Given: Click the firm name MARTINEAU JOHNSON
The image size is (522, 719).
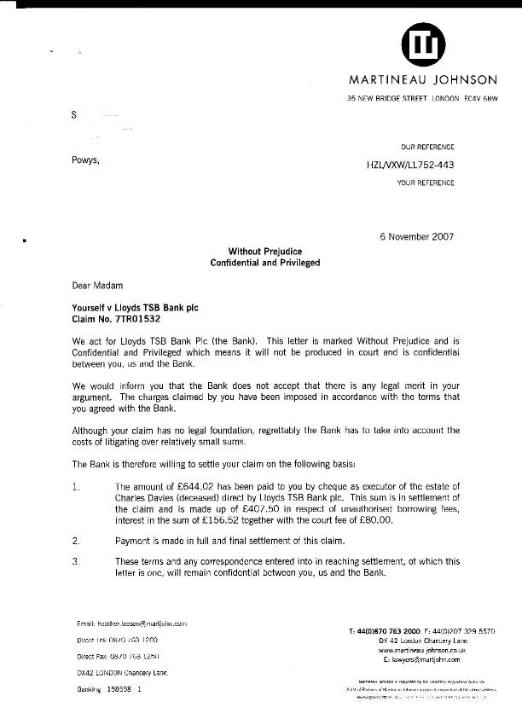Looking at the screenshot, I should pos(422,80).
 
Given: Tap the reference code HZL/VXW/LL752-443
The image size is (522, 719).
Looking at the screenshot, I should pos(410,165).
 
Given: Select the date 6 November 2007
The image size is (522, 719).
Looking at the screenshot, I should pos(416,236).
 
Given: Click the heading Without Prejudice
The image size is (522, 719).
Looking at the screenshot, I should pos(264,252).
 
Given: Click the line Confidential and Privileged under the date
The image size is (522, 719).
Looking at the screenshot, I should pos(264,264).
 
